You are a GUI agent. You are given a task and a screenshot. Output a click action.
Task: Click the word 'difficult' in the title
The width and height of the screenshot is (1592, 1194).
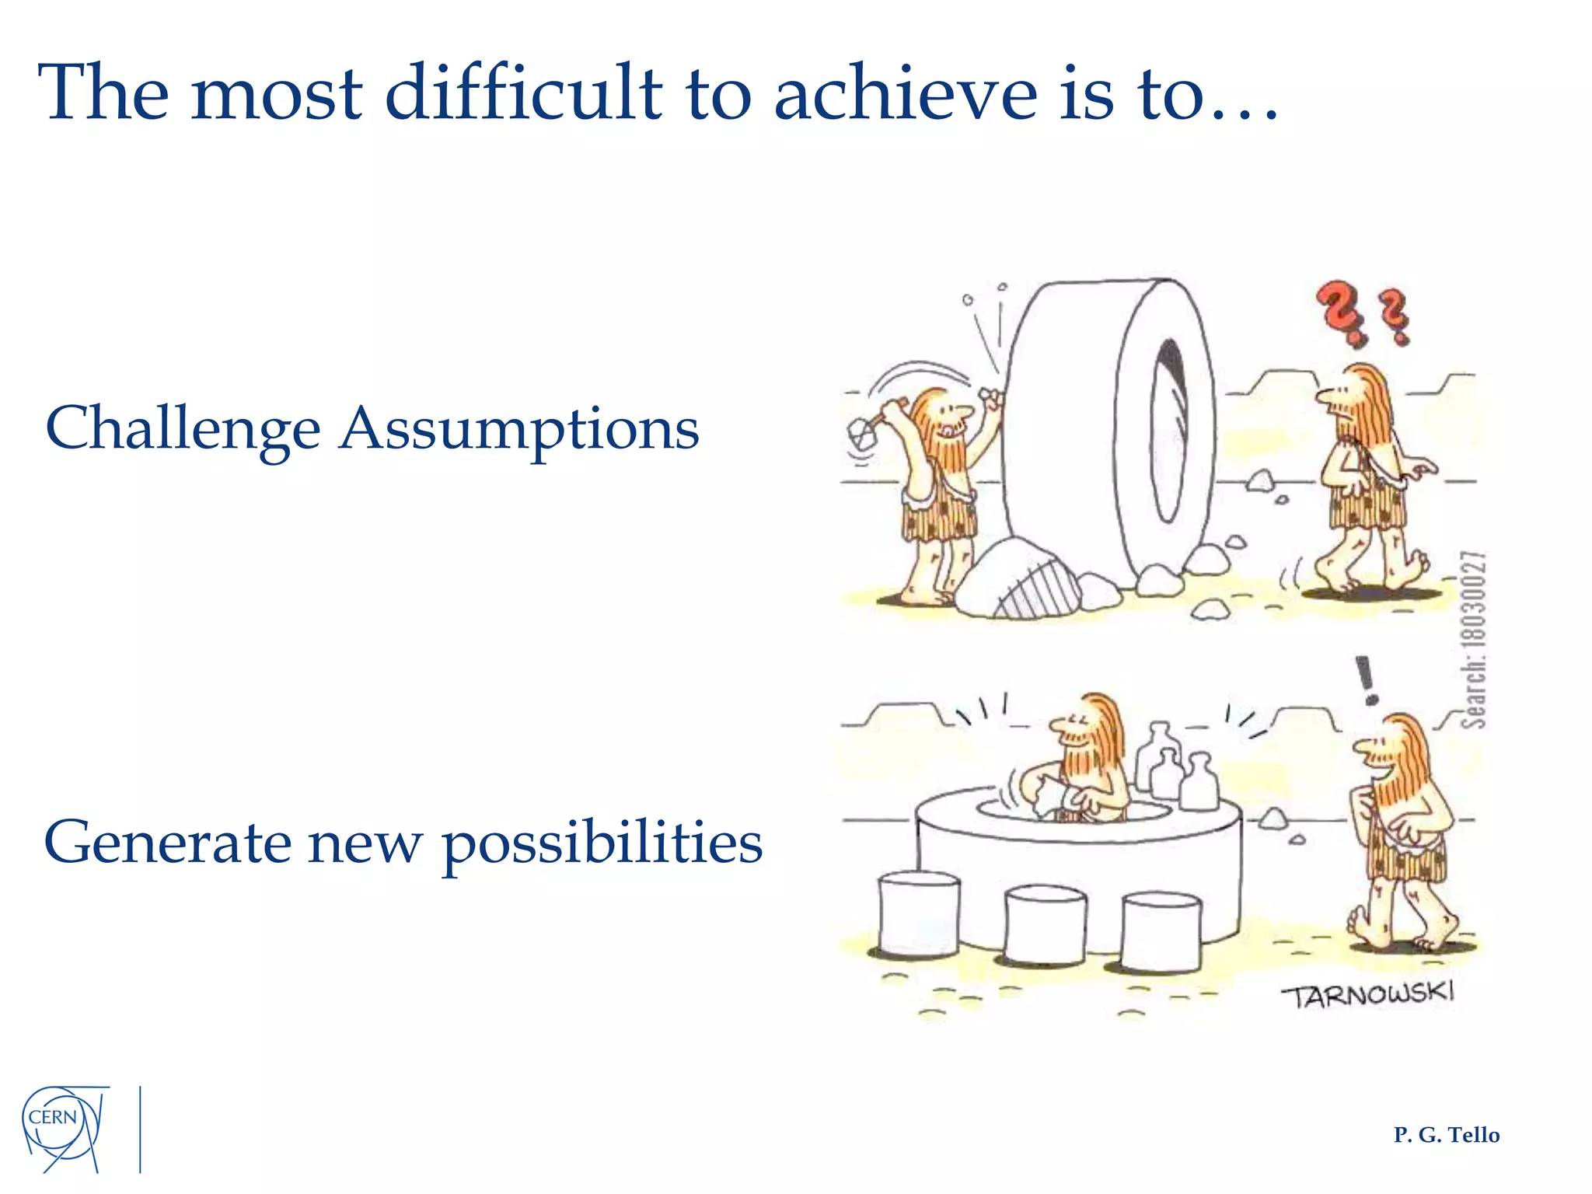click(523, 93)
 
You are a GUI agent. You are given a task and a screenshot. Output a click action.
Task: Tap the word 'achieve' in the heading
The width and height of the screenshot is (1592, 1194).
click(905, 93)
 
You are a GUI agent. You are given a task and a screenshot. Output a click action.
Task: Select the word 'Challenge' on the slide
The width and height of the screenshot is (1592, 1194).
click(183, 429)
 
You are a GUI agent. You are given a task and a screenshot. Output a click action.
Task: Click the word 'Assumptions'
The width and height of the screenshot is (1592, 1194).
click(519, 429)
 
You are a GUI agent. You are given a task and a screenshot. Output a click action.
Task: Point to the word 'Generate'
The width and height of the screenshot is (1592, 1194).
click(167, 843)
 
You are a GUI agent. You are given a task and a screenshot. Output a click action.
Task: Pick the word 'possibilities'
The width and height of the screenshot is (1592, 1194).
click(602, 844)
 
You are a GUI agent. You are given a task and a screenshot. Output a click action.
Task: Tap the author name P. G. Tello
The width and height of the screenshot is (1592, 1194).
click(1446, 1135)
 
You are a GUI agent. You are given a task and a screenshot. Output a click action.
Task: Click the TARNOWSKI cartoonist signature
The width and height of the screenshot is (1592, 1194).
click(1367, 995)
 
